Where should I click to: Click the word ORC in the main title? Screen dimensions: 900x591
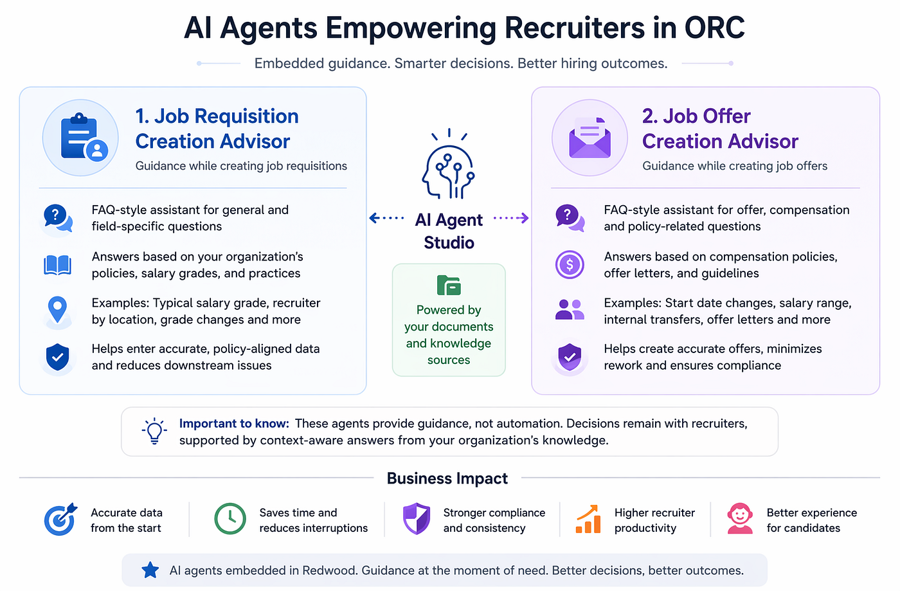click(x=714, y=28)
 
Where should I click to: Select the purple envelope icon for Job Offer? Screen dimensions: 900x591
click(x=589, y=138)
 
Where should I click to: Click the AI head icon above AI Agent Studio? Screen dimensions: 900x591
click(x=449, y=163)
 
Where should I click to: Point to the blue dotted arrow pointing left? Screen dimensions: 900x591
click(x=386, y=218)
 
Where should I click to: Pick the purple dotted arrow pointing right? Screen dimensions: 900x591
click(x=511, y=218)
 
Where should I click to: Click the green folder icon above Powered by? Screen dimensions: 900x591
click(x=449, y=286)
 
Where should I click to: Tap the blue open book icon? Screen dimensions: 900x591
click(x=57, y=266)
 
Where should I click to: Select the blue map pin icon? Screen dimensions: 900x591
click(x=57, y=310)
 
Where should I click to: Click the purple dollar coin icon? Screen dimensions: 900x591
click(x=570, y=264)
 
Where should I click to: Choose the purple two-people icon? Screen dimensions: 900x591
click(x=570, y=309)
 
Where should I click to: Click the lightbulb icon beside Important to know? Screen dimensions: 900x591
click(x=154, y=431)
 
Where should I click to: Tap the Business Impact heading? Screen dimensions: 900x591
click(x=447, y=478)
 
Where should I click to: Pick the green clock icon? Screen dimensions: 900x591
click(x=230, y=518)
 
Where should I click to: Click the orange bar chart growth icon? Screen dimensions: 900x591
click(x=588, y=519)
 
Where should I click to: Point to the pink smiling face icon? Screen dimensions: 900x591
click(x=740, y=518)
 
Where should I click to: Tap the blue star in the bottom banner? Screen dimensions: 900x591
click(x=150, y=570)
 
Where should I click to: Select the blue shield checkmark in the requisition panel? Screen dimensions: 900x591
click(x=57, y=357)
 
